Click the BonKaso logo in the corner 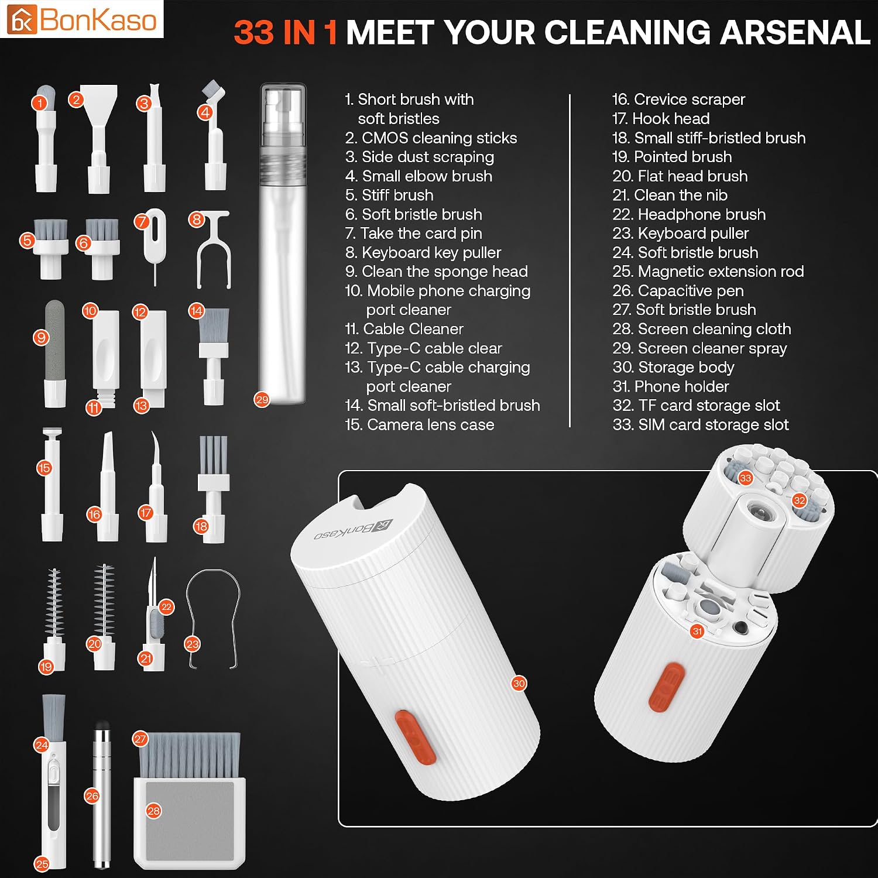click(x=82, y=19)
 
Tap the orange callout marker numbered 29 click(x=262, y=400)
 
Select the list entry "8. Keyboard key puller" click(x=423, y=252)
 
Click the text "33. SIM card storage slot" click(x=701, y=424)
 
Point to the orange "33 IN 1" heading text click(x=286, y=32)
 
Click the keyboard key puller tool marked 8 click(x=214, y=250)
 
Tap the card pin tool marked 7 click(x=155, y=246)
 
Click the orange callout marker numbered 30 click(x=519, y=683)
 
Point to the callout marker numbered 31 click(x=697, y=631)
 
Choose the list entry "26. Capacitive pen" click(x=678, y=290)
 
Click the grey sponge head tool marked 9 click(x=54, y=354)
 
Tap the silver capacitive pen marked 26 click(x=102, y=795)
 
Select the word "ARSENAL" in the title click(x=795, y=32)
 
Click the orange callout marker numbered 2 click(x=76, y=100)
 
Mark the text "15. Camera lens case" click(x=420, y=424)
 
